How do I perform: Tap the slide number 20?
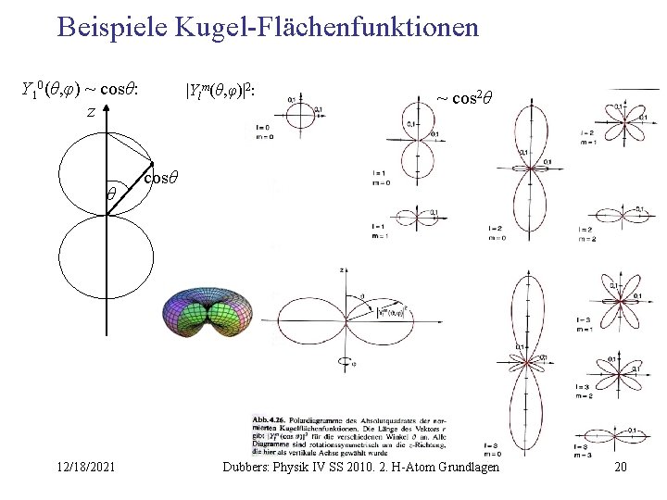[620, 468]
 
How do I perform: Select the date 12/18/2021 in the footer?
[83, 468]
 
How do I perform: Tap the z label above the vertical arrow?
[91, 111]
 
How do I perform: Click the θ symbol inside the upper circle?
[109, 195]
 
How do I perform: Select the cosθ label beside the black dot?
[162, 176]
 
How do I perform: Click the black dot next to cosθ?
[142, 169]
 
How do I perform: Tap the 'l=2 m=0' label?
[496, 231]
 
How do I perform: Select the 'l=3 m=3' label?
[584, 451]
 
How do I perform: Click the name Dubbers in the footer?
[249, 468]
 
